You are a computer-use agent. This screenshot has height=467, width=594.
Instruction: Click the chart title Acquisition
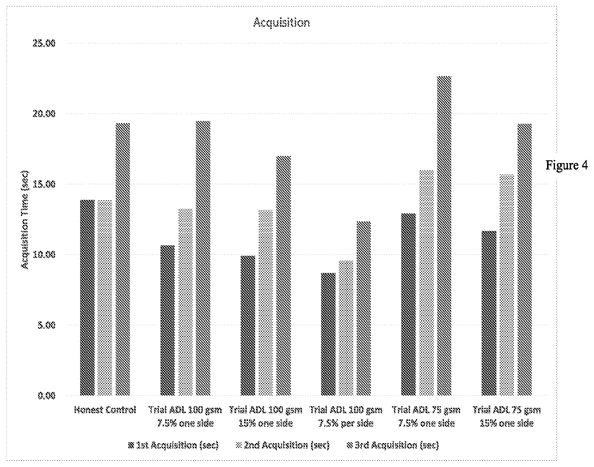(281, 23)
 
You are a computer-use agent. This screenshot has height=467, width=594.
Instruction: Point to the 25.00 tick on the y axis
(44, 43)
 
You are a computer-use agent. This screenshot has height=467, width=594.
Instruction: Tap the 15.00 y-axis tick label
(44, 184)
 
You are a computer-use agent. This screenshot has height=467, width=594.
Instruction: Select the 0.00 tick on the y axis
(46, 395)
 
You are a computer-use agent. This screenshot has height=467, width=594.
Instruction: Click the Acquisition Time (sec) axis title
(25, 220)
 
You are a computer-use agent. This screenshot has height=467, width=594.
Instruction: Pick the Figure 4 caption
(566, 165)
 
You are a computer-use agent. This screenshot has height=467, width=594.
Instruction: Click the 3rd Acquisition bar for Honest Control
(123, 259)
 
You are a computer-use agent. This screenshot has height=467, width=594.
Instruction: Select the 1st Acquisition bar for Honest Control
(87, 298)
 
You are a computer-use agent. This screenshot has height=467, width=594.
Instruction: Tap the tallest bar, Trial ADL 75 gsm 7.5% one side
(444, 236)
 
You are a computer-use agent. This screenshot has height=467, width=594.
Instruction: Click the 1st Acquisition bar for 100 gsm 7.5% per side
(328, 334)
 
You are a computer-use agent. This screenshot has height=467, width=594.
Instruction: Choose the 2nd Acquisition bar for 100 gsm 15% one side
(266, 303)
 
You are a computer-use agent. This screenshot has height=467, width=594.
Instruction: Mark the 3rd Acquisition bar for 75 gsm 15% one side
(525, 259)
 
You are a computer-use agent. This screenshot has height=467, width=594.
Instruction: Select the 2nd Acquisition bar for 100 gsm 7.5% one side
(185, 302)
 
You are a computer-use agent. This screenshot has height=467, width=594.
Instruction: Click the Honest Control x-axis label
(105, 410)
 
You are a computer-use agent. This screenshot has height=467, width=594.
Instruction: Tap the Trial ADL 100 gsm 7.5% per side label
(346, 417)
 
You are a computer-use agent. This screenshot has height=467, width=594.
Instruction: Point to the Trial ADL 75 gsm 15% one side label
(507, 417)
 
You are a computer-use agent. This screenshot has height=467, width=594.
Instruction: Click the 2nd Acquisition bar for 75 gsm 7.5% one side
(426, 283)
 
